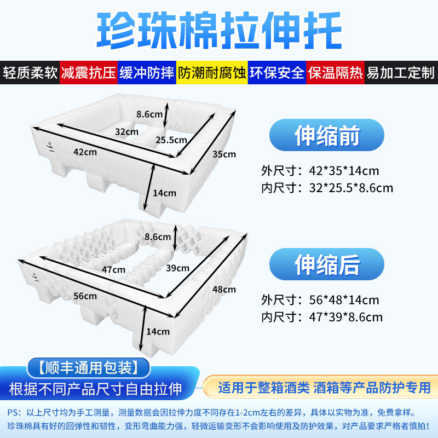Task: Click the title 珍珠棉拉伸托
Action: pyautogui.click(x=219, y=28)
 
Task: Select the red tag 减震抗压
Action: pyautogui.click(x=89, y=73)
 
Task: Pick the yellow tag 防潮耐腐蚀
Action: pyautogui.click(x=211, y=73)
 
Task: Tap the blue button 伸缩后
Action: pyautogui.click(x=327, y=265)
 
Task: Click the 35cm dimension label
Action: pyautogui.click(x=224, y=154)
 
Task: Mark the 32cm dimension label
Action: pyautogui.click(x=126, y=131)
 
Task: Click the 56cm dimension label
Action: pyautogui.click(x=85, y=296)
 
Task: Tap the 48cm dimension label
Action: pyautogui.click(x=224, y=289)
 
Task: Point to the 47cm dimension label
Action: pyautogui.click(x=114, y=269)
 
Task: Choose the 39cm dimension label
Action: pyautogui.click(x=177, y=268)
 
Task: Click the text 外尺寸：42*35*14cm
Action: pyautogui.click(x=320, y=171)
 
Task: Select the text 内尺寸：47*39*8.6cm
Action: pyautogui.click(x=322, y=316)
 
